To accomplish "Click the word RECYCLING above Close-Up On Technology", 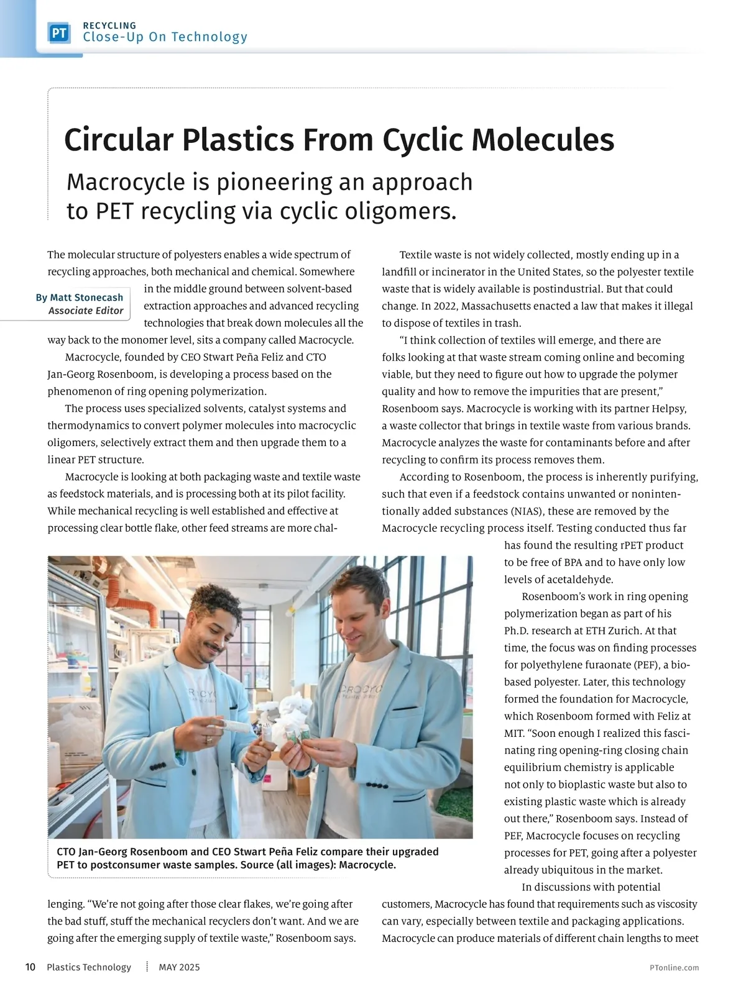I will pos(109,25).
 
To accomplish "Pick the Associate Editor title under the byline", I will pos(86,311).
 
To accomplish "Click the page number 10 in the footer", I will pos(30,967).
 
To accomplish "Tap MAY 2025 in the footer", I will pos(180,967).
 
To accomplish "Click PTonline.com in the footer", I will pos(674,967).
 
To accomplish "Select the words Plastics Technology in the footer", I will pos(89,967).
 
